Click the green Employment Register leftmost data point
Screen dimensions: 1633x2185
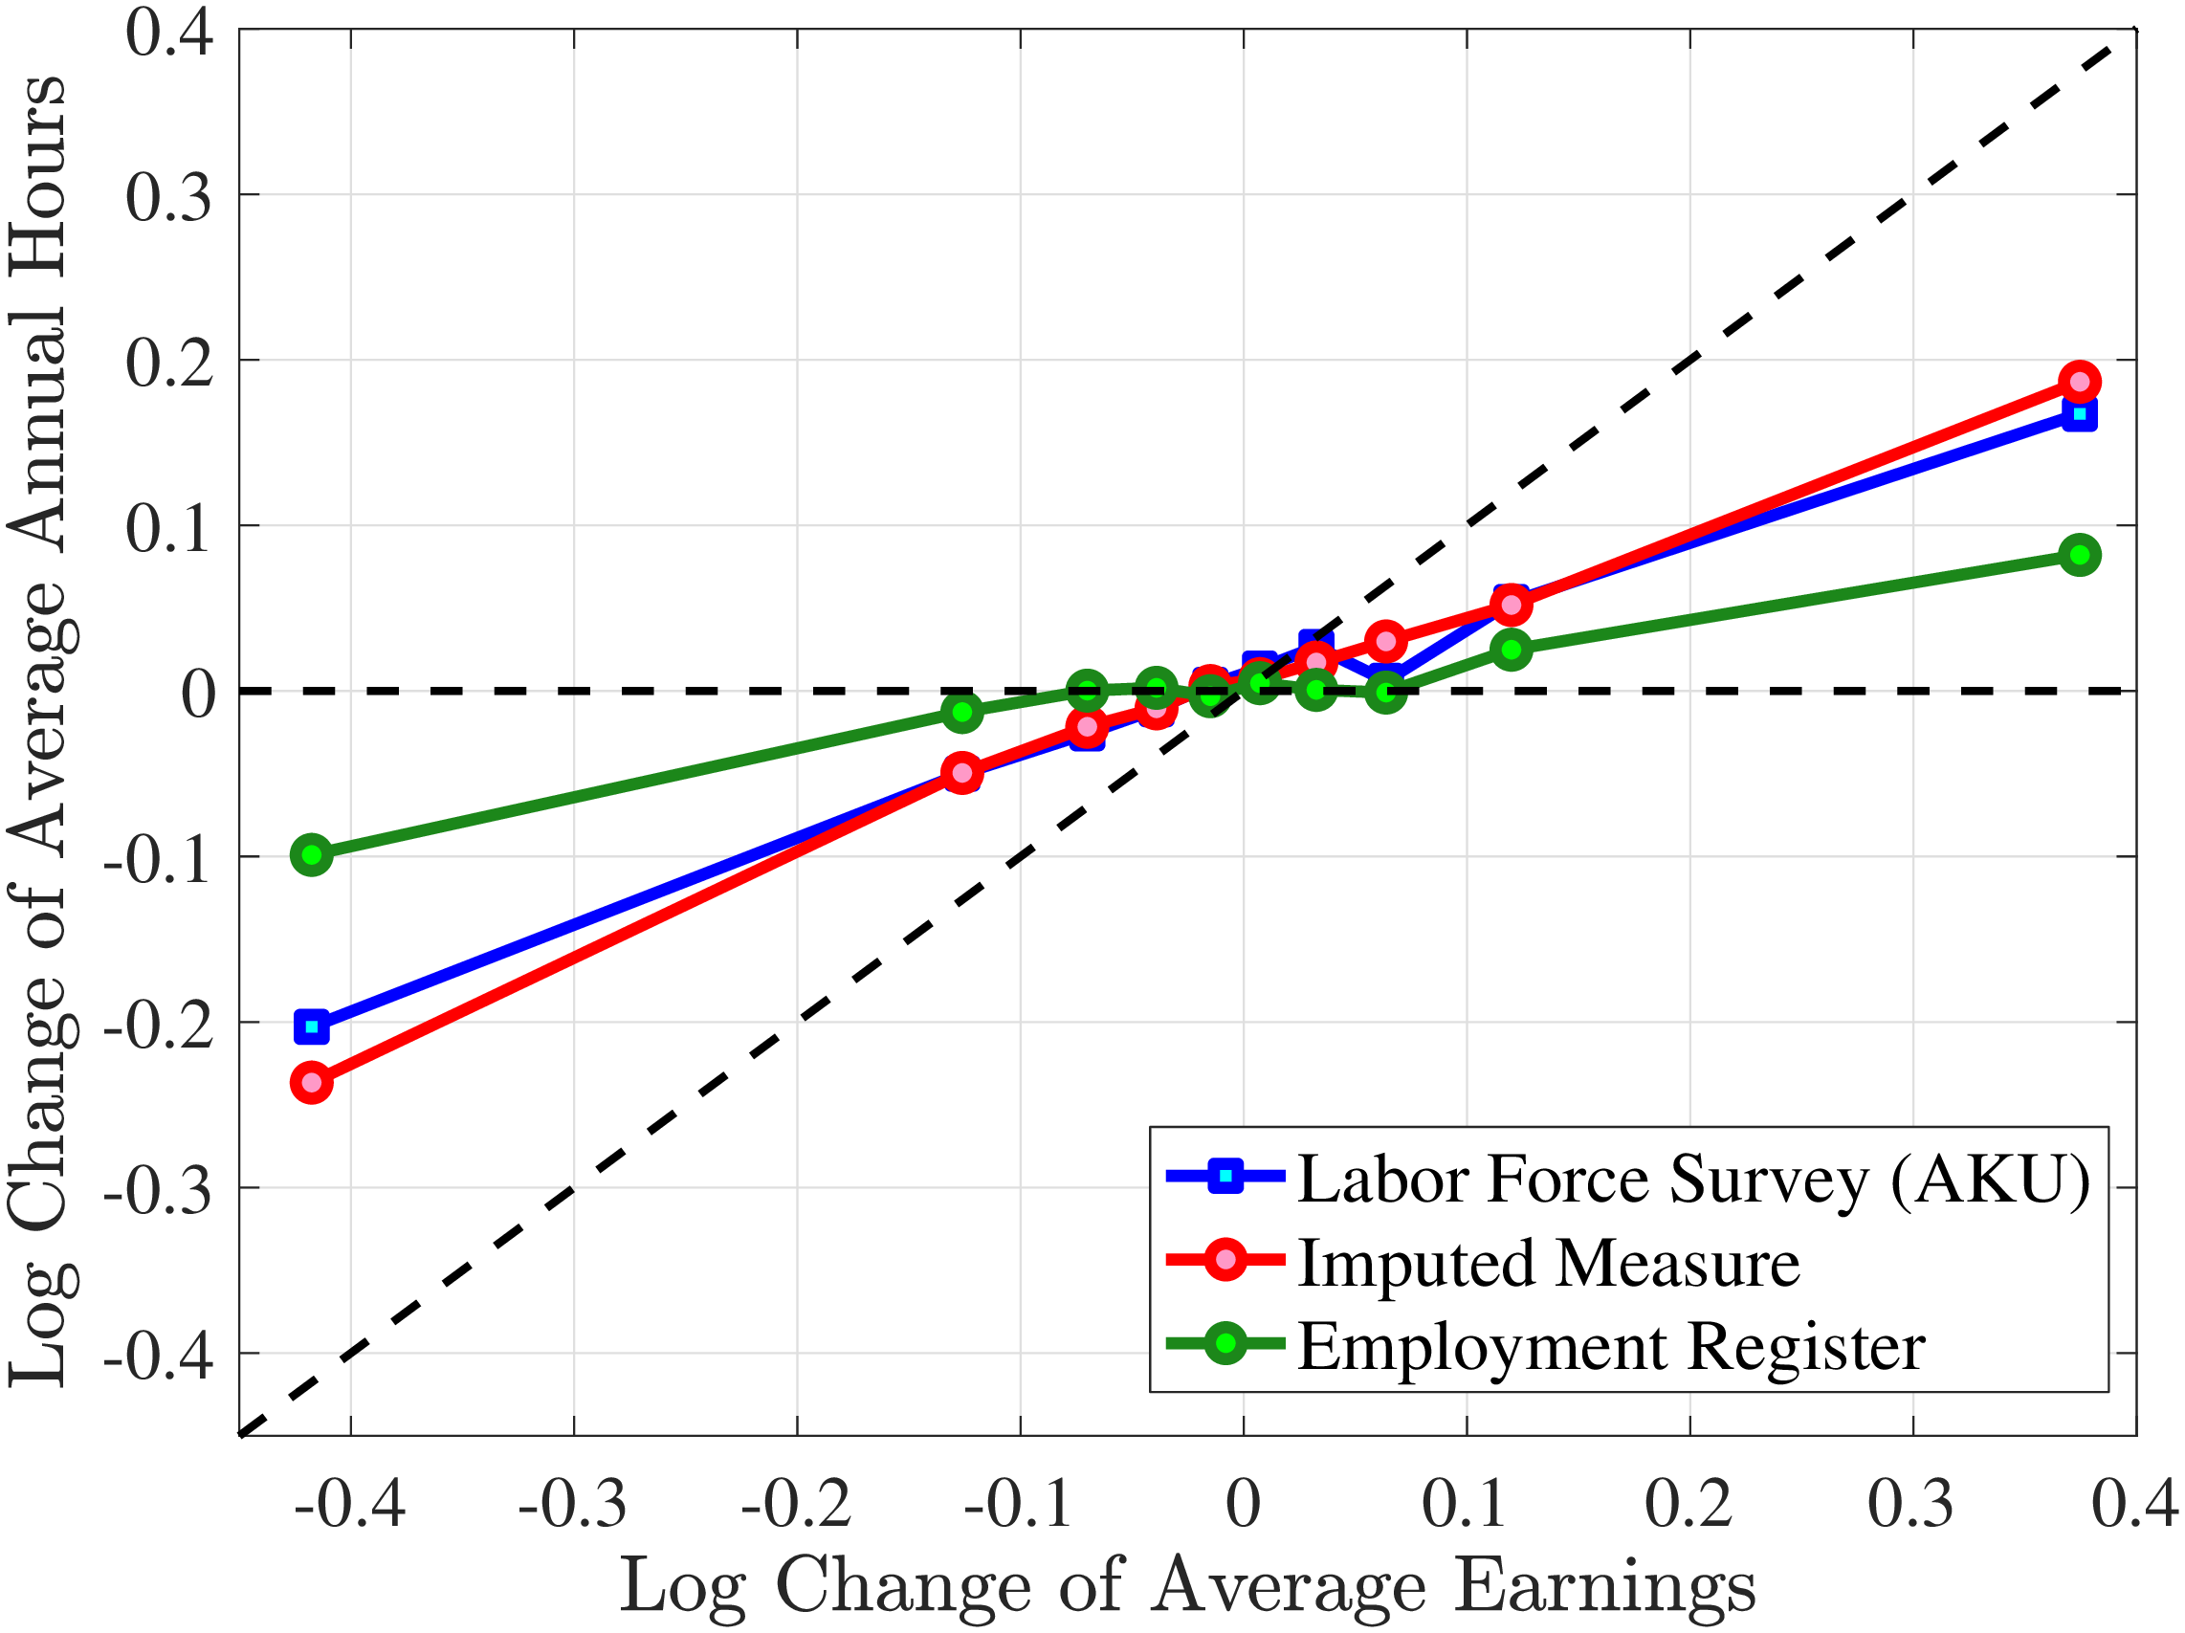click(x=312, y=854)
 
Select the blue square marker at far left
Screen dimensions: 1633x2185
click(x=312, y=1027)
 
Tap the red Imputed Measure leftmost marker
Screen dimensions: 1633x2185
click(x=312, y=1083)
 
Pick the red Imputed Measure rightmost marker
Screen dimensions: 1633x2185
click(x=2080, y=382)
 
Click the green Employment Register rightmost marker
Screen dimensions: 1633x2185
click(x=2080, y=555)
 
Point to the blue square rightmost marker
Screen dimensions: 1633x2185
click(x=2080, y=414)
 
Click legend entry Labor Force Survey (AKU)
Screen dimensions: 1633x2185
click(x=1693, y=1180)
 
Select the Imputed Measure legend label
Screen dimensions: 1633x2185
click(x=1548, y=1264)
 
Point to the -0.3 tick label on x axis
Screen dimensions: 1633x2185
click(x=573, y=1506)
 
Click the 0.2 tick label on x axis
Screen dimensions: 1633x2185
click(x=1689, y=1506)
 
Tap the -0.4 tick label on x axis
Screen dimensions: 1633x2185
click(x=350, y=1506)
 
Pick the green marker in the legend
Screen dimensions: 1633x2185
click(x=1225, y=1343)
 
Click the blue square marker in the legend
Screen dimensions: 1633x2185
click(x=1225, y=1176)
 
